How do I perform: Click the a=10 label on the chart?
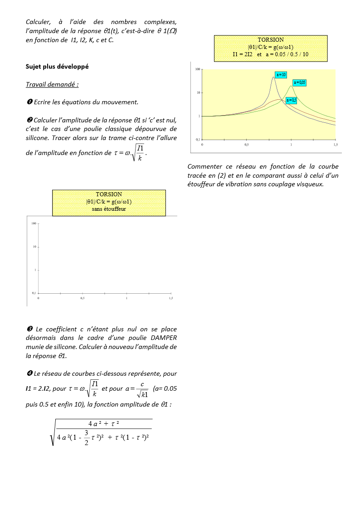tap(281, 74)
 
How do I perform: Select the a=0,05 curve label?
tap(300, 82)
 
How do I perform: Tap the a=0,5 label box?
tap(292, 100)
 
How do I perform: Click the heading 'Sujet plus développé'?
tap(57, 66)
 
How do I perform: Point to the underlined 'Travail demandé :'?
tap(52, 84)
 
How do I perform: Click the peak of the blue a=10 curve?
tap(273, 77)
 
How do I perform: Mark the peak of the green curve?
tap(291, 86)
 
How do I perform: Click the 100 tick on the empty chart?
tap(34, 223)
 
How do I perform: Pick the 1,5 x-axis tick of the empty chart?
tap(171, 298)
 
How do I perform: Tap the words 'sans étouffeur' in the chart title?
tap(109, 209)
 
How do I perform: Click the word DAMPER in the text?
tap(164, 338)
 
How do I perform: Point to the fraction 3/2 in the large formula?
tap(86, 436)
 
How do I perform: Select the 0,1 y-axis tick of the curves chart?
tap(198, 140)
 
